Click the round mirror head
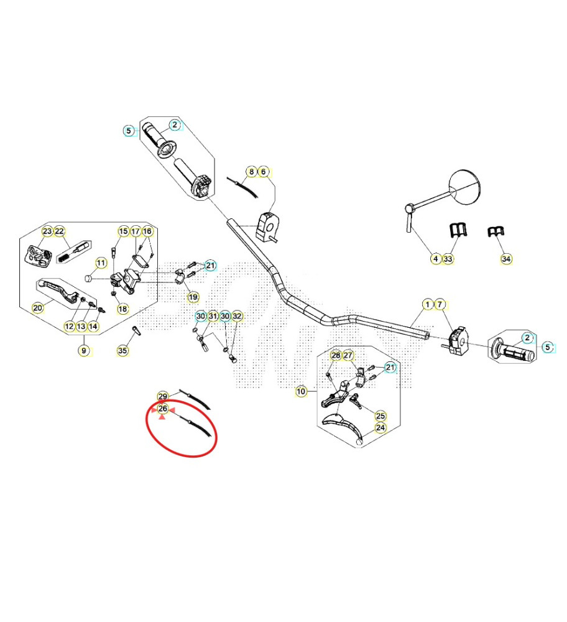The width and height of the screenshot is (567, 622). point(464,187)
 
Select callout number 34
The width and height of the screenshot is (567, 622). point(506,259)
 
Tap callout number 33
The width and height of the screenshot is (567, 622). point(448,259)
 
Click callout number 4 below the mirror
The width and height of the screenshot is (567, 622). point(436,259)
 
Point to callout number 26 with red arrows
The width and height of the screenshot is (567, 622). point(162,409)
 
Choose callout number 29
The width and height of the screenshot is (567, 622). point(162,396)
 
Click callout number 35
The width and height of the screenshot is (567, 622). point(123,350)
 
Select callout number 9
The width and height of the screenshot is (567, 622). point(84,351)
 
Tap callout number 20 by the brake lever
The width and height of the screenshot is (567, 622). point(38,308)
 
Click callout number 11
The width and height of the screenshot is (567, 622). point(101,262)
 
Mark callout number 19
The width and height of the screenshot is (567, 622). point(193,297)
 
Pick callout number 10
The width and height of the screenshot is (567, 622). point(301,391)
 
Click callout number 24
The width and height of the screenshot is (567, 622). point(380,428)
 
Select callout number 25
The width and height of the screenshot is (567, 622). point(380,415)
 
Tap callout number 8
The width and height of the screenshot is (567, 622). point(251,172)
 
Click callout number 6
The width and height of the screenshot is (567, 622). point(263,172)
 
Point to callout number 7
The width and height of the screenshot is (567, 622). point(440,304)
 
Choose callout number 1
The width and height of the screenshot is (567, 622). point(428,304)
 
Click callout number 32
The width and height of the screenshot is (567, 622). point(237,316)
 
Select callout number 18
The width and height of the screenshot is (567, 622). point(123,309)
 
